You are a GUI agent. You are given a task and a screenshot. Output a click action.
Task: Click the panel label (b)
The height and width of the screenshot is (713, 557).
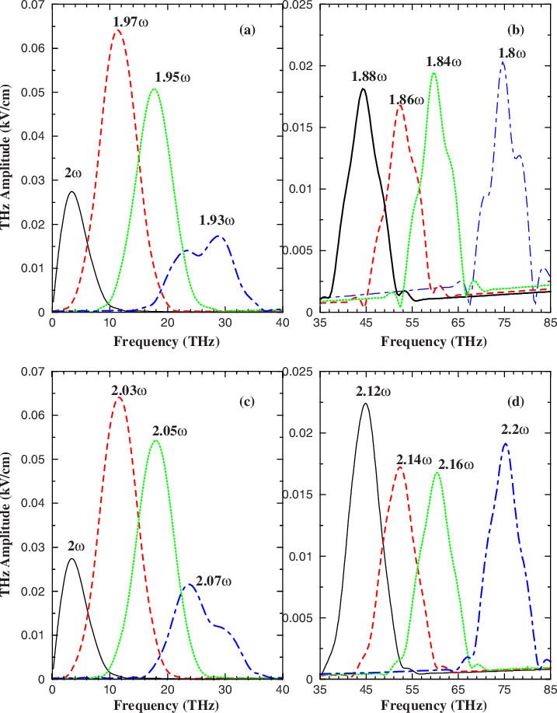[x=514, y=30]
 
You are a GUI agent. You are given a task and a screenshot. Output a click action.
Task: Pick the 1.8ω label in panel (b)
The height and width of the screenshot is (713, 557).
[x=511, y=54]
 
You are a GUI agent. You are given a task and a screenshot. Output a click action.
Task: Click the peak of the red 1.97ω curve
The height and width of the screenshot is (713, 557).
[x=117, y=30]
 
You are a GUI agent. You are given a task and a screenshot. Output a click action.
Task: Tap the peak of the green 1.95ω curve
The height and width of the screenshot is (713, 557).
[x=154, y=89]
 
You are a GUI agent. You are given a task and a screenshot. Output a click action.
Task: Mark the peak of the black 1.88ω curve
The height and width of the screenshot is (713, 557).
[x=363, y=89]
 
